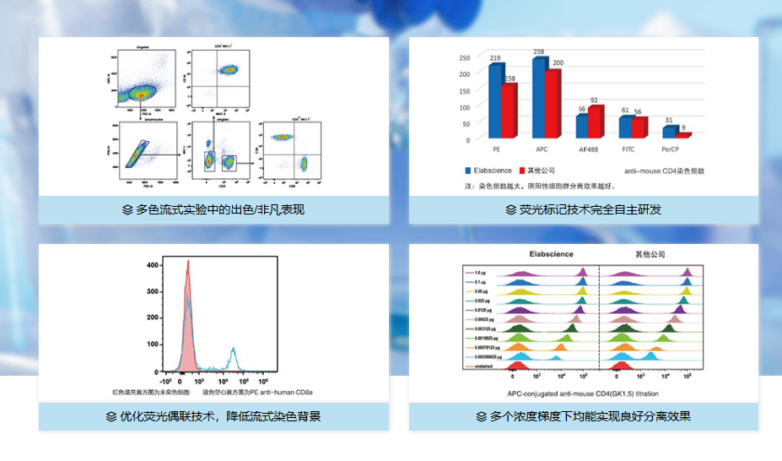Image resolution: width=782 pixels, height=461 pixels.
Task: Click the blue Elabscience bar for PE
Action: pyautogui.click(x=495, y=101)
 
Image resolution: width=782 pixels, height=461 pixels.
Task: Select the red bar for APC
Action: pyautogui.click(x=552, y=104)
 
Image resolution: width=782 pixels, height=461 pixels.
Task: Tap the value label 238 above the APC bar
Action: pyautogui.click(x=538, y=52)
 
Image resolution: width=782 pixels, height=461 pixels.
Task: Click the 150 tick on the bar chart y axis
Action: pyautogui.click(x=464, y=90)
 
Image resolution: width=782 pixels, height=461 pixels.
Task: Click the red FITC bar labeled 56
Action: pyautogui.click(x=639, y=127)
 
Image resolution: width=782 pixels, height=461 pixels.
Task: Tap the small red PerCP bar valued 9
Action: pyautogui.click(x=683, y=135)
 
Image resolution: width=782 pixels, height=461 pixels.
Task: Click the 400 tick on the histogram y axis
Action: pyautogui.click(x=153, y=264)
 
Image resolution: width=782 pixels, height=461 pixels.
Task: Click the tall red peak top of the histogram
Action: pyautogui.click(x=188, y=263)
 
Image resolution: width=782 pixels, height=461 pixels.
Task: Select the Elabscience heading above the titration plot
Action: pyautogui.click(x=551, y=254)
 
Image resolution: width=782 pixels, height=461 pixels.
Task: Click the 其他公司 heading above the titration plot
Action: pyautogui.click(x=650, y=254)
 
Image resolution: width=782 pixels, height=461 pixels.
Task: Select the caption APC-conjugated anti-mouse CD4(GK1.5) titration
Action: pyautogui.click(x=583, y=393)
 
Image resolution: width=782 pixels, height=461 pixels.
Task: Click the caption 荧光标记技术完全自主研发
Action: pyautogui.click(x=584, y=209)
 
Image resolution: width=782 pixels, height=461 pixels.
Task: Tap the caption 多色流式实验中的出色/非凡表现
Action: pyautogui.click(x=213, y=209)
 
